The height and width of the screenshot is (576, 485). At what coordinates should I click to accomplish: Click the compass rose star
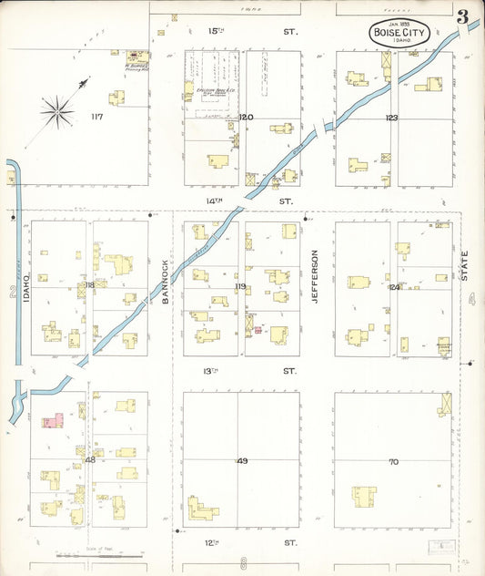pyautogui.click(x=57, y=111)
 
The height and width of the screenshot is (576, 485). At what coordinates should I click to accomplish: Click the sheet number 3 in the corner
pyautogui.click(x=463, y=17)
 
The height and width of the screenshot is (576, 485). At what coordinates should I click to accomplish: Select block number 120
pyautogui.click(x=245, y=118)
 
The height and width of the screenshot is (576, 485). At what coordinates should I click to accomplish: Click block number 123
pyautogui.click(x=391, y=118)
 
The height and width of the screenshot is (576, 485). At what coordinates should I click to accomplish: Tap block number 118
pyautogui.click(x=89, y=285)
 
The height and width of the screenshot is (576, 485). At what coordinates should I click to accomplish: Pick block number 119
pyautogui.click(x=240, y=287)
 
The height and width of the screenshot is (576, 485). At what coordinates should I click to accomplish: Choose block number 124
pyautogui.click(x=394, y=287)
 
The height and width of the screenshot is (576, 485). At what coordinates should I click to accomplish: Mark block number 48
pyautogui.click(x=90, y=460)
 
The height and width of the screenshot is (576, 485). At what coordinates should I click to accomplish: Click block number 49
pyautogui.click(x=242, y=461)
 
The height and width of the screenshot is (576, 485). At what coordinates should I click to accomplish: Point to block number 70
pyautogui.click(x=393, y=461)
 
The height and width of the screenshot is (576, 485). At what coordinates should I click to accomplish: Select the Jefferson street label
pyautogui.click(x=316, y=275)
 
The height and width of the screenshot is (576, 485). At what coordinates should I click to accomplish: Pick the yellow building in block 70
pyautogui.click(x=365, y=497)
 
